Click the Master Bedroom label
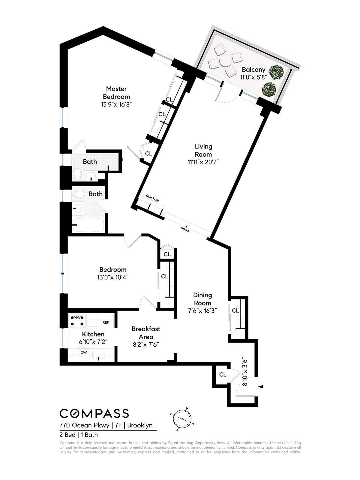(116, 93)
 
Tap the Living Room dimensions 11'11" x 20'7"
(203, 162)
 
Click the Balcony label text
(253, 70)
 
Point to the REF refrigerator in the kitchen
(106, 322)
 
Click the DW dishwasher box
(84, 352)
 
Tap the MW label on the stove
(77, 317)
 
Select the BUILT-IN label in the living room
(152, 198)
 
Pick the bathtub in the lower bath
(88, 225)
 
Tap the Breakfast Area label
(146, 333)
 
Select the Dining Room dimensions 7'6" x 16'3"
(202, 311)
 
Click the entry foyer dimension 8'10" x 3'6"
(245, 371)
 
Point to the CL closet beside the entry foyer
(223, 375)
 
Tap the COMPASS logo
(94, 413)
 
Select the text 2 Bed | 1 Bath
(79, 435)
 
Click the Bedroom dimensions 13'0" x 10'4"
(113, 277)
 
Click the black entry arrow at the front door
(261, 387)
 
